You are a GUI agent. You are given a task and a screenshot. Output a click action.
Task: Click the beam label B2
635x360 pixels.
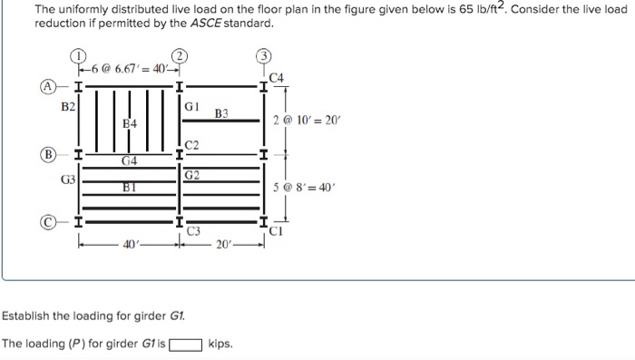click(68, 107)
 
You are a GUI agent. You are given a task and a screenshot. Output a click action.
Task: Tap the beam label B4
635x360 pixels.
click(130, 122)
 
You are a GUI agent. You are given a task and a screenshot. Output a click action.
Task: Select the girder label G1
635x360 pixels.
click(191, 106)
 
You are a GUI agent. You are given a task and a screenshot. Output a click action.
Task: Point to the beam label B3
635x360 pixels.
click(222, 113)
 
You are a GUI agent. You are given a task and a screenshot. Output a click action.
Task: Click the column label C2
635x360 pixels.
click(191, 146)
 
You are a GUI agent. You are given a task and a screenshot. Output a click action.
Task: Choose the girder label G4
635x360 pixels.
click(130, 161)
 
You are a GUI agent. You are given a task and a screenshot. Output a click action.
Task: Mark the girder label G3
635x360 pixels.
click(68, 179)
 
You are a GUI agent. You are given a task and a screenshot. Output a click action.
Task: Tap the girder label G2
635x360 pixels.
click(191, 174)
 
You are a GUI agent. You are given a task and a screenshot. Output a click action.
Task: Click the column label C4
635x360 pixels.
click(277, 78)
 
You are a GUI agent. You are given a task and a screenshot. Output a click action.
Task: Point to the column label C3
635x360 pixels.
click(193, 232)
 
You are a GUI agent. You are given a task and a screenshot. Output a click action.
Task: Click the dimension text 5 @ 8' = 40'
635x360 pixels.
click(305, 189)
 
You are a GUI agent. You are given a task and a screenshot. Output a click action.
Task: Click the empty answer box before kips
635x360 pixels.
click(186, 345)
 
